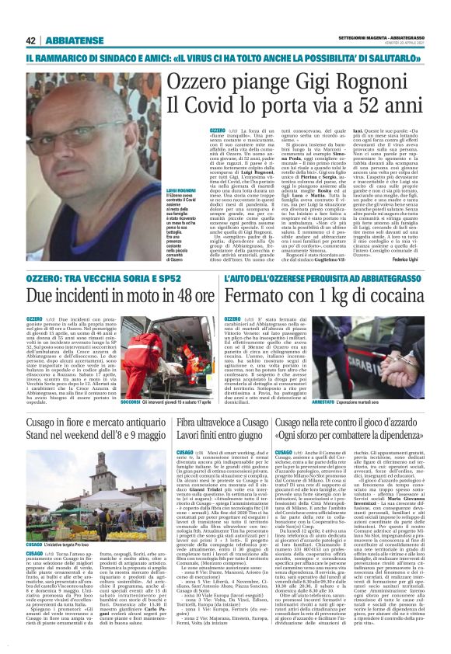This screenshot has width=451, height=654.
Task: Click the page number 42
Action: [31, 40]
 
